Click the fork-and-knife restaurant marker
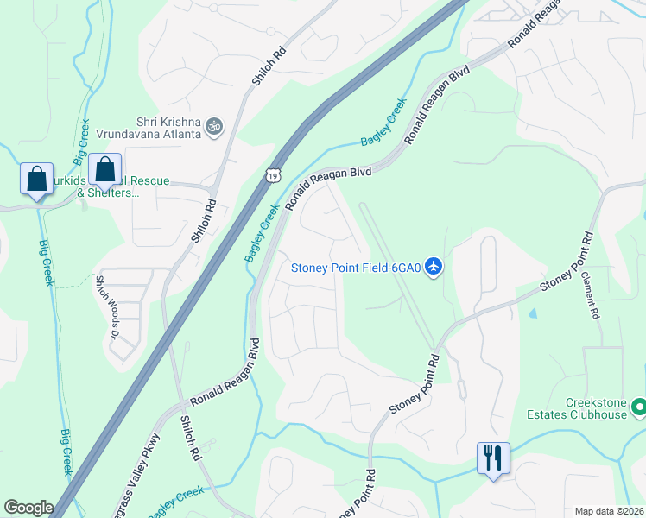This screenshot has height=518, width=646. tap(493, 458)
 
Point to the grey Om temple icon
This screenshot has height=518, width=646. tap(214, 128)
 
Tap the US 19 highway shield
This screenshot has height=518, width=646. tap(273, 175)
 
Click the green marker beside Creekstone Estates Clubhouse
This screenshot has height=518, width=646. tap(638, 405)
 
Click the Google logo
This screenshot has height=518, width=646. tap(29, 508)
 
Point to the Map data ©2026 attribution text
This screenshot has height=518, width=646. tap(609, 511)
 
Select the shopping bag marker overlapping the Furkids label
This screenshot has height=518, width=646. tap(104, 171)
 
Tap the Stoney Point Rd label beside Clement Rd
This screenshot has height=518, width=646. tap(567, 262)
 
